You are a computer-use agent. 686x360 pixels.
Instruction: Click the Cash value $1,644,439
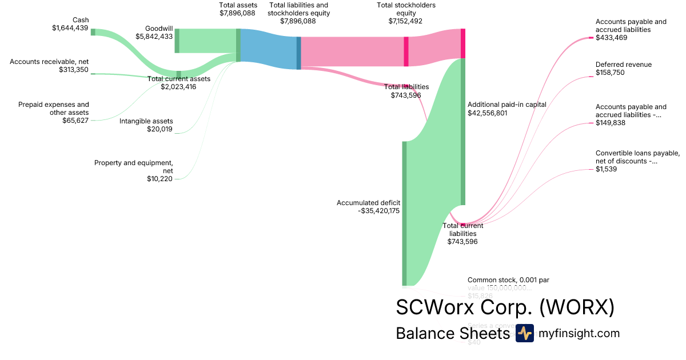[x=70, y=27]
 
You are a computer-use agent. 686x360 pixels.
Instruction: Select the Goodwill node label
[x=159, y=28]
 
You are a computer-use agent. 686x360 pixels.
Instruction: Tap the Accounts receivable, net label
[x=49, y=62]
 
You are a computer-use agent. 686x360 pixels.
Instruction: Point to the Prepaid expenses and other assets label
[x=53, y=109]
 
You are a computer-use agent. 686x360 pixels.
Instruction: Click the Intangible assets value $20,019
[x=159, y=129]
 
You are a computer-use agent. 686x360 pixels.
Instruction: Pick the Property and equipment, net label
[x=133, y=166]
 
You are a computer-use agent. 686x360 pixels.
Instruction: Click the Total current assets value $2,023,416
[x=178, y=87]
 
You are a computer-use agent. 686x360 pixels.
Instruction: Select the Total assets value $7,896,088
[x=238, y=13]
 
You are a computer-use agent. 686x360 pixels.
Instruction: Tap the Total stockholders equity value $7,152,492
[x=406, y=21]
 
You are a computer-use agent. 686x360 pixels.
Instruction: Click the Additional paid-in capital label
[x=507, y=105]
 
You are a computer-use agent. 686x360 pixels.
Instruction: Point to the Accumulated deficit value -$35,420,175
[x=378, y=210]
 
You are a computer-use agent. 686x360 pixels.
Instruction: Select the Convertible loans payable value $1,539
[x=606, y=169]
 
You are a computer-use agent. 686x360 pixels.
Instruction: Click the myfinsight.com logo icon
[x=524, y=333]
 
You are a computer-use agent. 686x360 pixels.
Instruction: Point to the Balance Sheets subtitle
[x=452, y=333]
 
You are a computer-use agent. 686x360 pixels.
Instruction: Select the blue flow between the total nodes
[x=269, y=49]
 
